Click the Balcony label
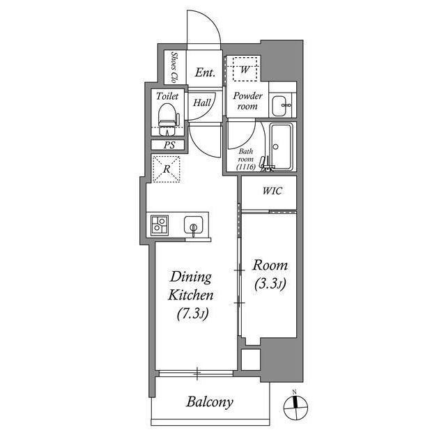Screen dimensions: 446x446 click(209, 402)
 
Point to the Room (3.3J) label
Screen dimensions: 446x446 click(270, 275)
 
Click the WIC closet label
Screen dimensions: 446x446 click(272, 192)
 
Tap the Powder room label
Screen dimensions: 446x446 click(247, 101)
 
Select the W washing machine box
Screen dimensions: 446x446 click(245, 69)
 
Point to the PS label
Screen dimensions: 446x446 click(169, 146)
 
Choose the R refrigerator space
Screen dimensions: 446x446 click(167, 169)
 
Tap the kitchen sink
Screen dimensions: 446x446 click(192, 226)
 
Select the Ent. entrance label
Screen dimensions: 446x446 click(204, 72)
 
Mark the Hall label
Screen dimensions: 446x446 click(203, 103)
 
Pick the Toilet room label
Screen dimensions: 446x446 click(167, 95)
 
